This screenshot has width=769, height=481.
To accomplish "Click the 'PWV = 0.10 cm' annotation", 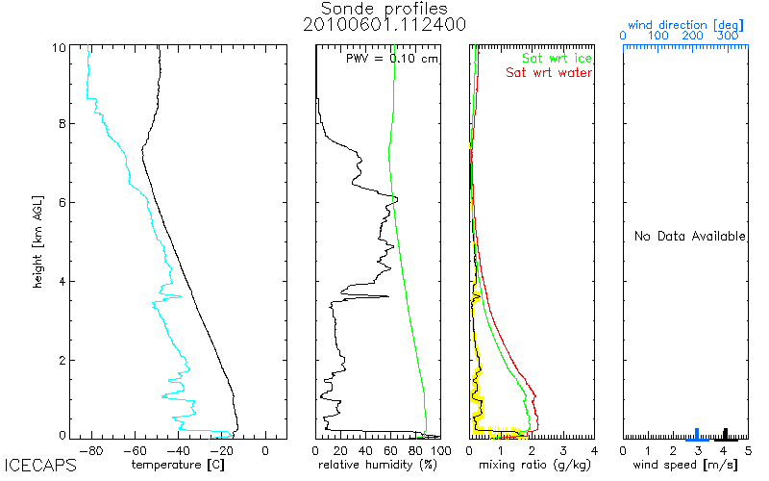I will [391, 58].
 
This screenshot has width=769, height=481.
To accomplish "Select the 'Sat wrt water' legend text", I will [549, 72].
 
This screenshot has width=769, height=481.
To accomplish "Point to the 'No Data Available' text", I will [689, 236].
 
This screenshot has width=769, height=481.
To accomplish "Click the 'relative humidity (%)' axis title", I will [378, 466].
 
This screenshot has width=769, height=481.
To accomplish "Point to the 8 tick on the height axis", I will [62, 123].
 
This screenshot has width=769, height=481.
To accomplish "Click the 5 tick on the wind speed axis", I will [748, 449].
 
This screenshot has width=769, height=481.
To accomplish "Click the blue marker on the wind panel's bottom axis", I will [698, 433].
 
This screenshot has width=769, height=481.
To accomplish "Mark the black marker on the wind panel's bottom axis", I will [726, 433].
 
